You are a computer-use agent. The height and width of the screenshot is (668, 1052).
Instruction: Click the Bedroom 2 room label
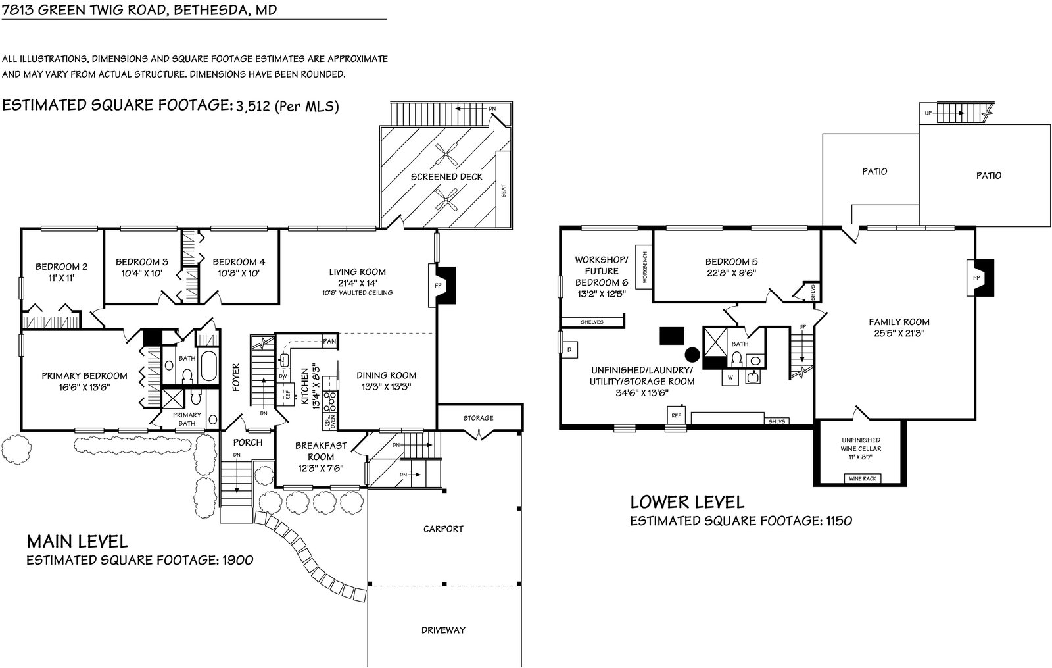pos(61,267)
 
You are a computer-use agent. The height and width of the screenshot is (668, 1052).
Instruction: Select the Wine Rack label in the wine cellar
pos(862,478)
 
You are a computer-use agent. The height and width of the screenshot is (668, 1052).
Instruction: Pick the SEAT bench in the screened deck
pos(504,190)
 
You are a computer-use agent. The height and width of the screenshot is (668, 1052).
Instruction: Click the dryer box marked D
pos(569,349)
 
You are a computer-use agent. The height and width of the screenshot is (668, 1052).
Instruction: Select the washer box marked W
pos(730,378)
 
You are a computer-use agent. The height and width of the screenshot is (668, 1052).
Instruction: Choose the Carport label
pos(443,528)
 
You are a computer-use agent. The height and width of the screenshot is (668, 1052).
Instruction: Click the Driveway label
pos(443,630)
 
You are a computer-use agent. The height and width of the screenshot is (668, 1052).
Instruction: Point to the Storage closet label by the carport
pos(478,418)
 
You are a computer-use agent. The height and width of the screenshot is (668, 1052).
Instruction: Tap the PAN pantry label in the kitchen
pos(329,342)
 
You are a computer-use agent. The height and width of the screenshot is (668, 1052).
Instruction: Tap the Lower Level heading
pos(687,502)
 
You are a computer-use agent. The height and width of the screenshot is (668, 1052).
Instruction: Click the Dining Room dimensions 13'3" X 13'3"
pos(386,387)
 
